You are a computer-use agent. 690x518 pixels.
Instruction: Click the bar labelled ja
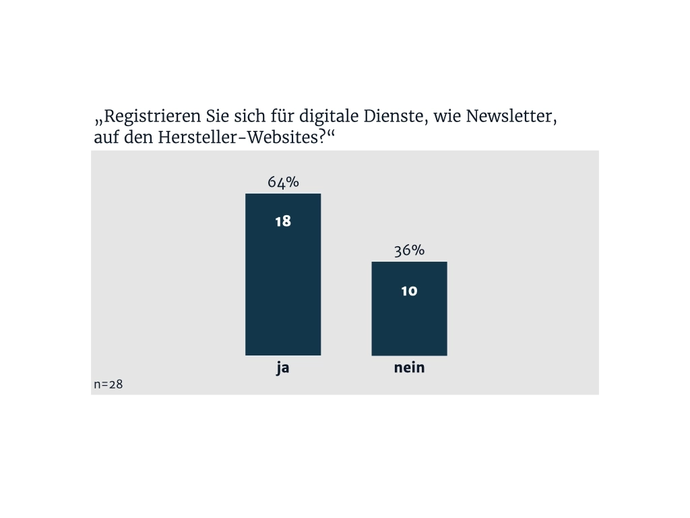click(283, 283)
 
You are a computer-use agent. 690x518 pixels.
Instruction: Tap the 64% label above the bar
click(283, 183)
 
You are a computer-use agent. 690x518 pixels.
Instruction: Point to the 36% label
click(409, 250)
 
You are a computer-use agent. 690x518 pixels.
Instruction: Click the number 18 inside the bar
click(283, 221)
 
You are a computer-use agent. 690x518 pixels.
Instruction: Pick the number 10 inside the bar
click(409, 291)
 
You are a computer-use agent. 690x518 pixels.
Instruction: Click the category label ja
click(283, 370)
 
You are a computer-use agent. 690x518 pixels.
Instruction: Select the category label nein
click(409, 369)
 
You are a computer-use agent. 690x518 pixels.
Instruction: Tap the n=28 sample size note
click(108, 384)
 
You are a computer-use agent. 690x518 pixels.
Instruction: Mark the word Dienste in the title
click(394, 117)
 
